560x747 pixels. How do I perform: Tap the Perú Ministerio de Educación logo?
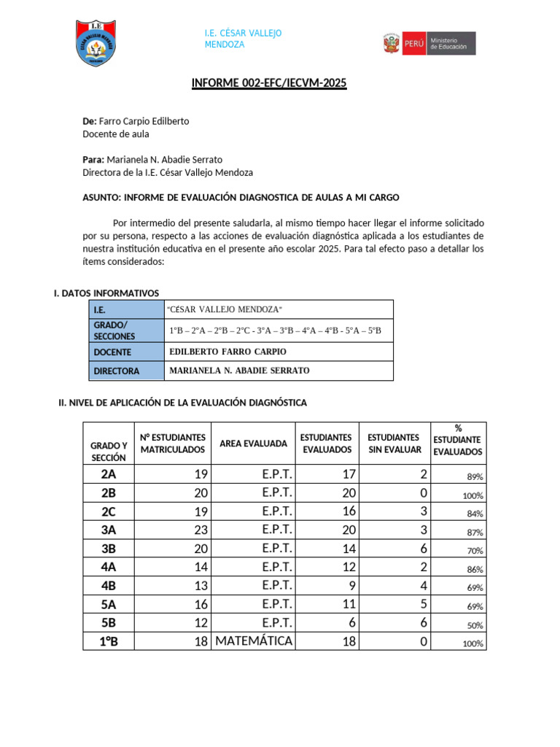tap(429, 44)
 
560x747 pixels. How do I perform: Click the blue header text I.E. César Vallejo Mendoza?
tap(243, 39)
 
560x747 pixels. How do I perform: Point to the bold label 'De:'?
tap(90, 121)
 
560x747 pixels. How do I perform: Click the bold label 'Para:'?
tap(94, 159)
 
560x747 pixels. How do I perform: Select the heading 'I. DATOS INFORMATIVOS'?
tap(106, 293)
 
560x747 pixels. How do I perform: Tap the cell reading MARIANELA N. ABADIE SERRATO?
tap(239, 371)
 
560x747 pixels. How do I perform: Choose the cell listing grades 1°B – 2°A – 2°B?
tap(275, 330)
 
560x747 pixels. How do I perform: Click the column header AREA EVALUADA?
tap(253, 444)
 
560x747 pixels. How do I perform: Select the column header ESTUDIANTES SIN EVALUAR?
tap(394, 444)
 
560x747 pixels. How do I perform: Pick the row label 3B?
tap(109, 549)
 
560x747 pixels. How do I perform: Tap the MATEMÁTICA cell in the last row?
tap(253, 641)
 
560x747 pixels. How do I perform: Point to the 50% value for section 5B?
tap(475, 625)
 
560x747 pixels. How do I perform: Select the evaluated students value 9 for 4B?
tap(351, 586)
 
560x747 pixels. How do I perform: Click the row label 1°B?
tap(109, 641)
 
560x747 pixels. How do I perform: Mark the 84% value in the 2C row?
tap(475, 514)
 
